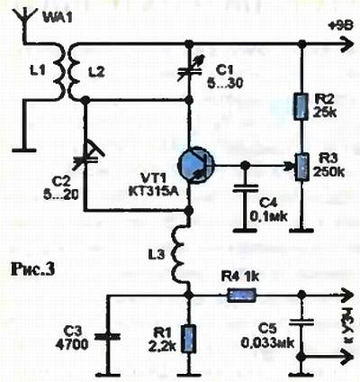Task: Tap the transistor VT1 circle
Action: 196,165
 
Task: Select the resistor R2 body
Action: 301,106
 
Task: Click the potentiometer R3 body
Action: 301,167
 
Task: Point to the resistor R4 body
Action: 242,296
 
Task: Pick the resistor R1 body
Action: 189,339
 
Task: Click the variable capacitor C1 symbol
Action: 189,70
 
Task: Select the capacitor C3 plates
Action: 108,337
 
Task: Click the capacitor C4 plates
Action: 246,188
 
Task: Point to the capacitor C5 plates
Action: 301,322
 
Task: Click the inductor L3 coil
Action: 181,255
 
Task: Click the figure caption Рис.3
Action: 33,268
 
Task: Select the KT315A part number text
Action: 154,191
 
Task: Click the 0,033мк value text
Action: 267,342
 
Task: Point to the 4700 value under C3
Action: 72,344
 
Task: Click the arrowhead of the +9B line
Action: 347,44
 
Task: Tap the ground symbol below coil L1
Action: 24,149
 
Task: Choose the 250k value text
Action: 328,172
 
